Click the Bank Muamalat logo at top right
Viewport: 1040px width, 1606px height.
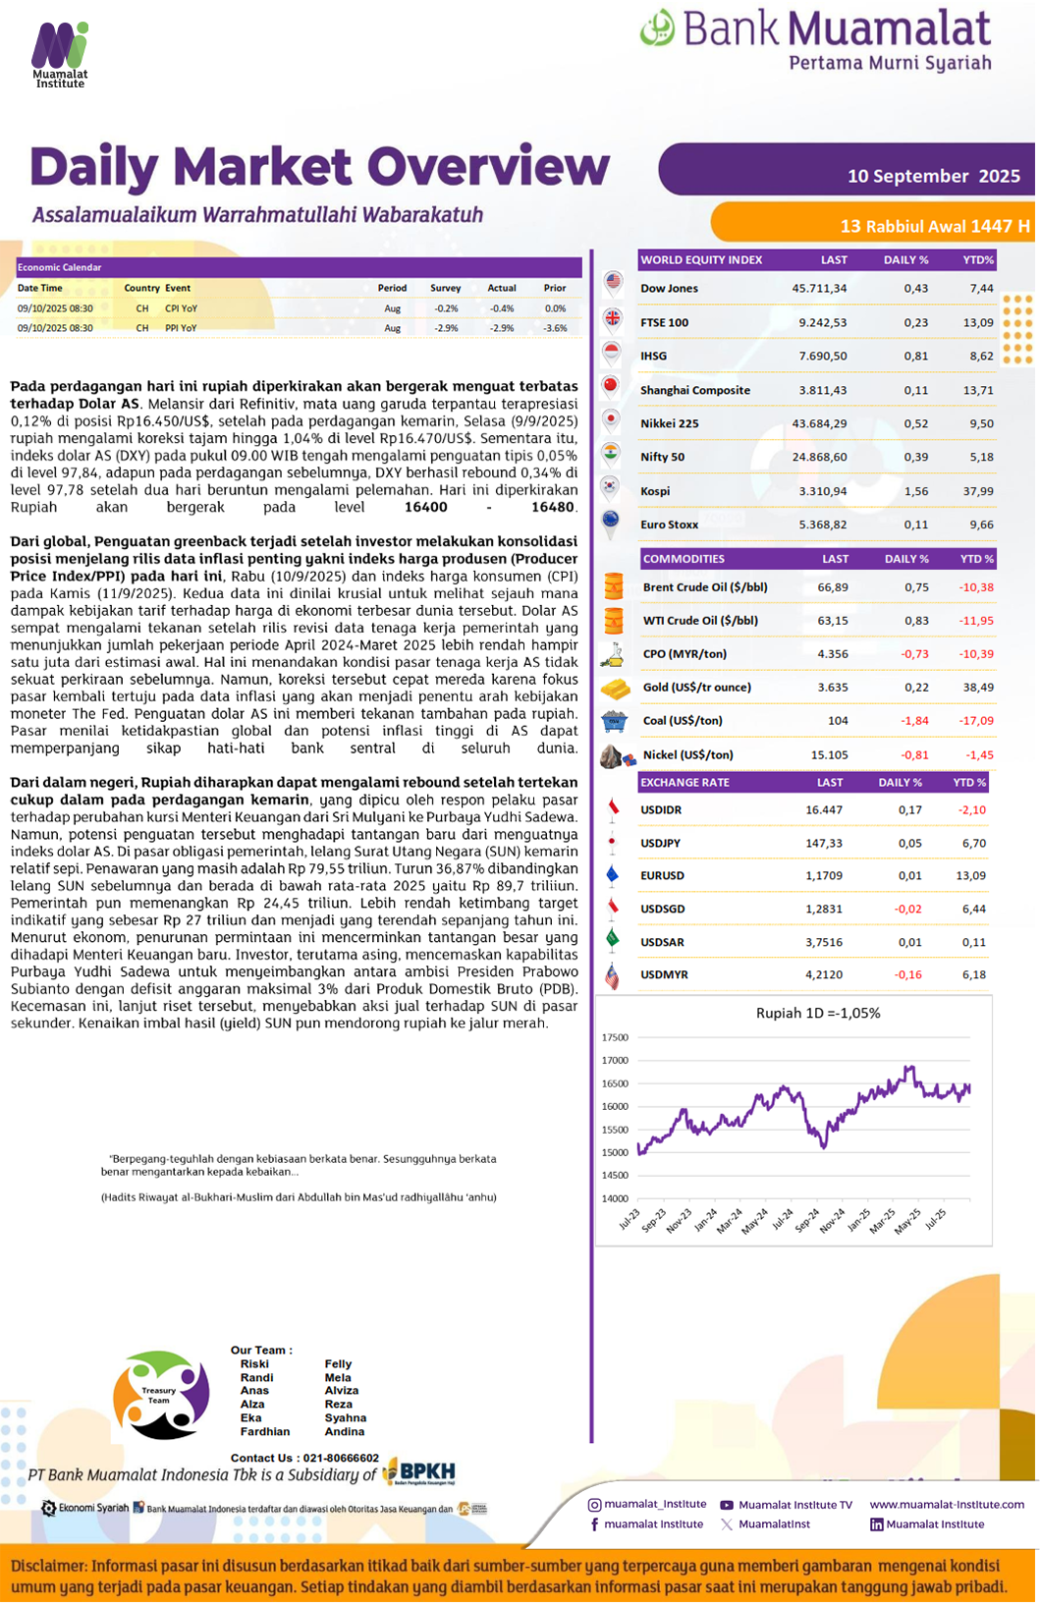tap(816, 39)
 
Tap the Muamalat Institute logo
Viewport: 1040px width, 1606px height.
tap(60, 55)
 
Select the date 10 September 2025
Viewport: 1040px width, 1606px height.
tap(933, 176)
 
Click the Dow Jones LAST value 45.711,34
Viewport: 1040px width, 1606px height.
tap(819, 289)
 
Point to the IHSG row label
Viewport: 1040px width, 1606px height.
tap(654, 357)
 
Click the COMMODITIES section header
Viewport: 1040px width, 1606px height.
tap(684, 559)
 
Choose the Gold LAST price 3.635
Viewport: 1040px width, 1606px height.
tap(833, 688)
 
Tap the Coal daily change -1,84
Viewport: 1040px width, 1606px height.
tap(914, 721)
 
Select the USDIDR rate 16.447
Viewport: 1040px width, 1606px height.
tap(824, 810)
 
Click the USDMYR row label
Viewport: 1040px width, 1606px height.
tap(664, 974)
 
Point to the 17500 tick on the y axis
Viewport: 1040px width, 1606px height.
tap(615, 1037)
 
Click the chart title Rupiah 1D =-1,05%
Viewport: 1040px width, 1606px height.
tap(818, 1014)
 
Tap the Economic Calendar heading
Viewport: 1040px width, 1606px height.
tap(60, 267)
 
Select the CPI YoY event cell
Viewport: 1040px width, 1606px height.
tap(181, 308)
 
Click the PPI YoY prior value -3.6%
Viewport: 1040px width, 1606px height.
tap(555, 328)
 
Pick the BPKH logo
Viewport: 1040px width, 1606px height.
tap(419, 1471)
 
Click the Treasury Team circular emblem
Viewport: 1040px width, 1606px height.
tap(161, 1395)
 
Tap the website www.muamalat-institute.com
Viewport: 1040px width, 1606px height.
tap(947, 1504)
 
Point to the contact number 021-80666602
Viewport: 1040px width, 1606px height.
tap(341, 1458)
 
